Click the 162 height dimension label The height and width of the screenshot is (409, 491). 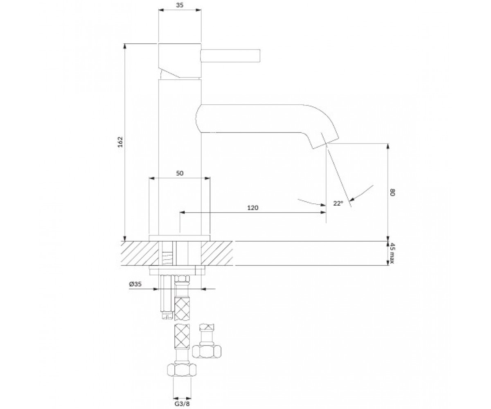point(120,142)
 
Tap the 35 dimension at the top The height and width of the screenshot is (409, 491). point(180,5)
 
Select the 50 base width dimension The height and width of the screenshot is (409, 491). point(180,173)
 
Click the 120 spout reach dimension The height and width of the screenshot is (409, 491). point(253,208)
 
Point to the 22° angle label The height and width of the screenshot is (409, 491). point(338,203)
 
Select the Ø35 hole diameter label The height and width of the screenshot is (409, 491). point(135,284)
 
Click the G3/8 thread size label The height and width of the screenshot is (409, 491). point(182,404)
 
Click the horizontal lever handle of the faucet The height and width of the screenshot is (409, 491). point(230,56)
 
